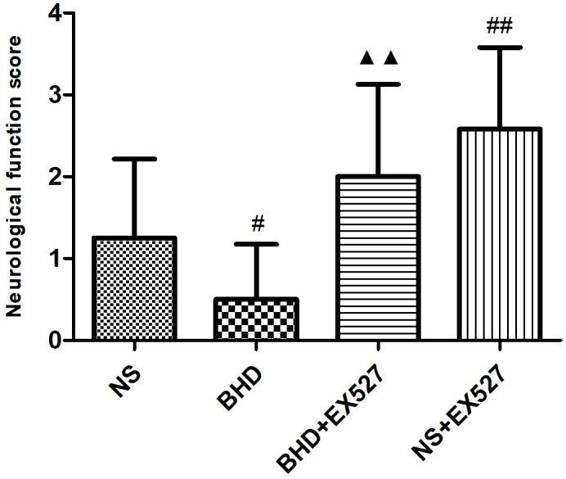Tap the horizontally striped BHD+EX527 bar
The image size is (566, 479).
(379, 258)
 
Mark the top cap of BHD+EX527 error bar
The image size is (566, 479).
(379, 84)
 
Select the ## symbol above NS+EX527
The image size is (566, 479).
(499, 27)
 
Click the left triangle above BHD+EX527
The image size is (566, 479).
(367, 58)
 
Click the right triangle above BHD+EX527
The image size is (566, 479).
(390, 58)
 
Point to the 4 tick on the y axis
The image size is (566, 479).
(55, 14)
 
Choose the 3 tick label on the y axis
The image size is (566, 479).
(55, 95)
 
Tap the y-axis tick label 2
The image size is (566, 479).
(55, 177)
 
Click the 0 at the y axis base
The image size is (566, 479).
(55, 340)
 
